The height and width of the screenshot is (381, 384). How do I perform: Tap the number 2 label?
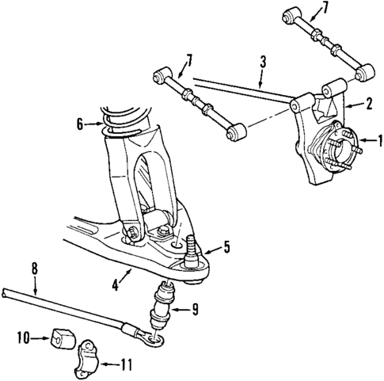point(368,102)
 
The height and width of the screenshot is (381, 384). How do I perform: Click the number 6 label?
point(79,123)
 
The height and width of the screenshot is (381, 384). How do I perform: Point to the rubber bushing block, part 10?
point(58,338)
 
